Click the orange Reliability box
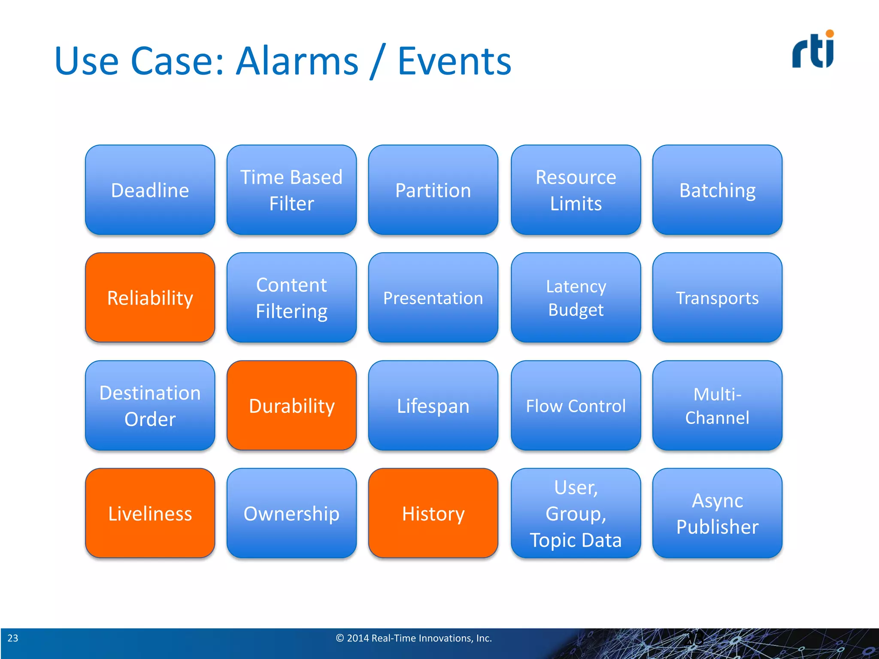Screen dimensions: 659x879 150,297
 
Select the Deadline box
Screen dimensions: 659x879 150,190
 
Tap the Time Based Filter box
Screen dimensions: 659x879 291,190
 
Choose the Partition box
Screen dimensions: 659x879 433,190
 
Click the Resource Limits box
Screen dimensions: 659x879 576,190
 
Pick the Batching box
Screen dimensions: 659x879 717,190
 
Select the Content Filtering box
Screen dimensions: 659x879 291,297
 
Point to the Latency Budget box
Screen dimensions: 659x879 576,297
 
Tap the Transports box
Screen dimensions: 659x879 717,297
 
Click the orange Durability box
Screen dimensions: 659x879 291,405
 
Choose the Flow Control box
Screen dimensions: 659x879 576,405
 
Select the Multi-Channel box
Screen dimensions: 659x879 717,405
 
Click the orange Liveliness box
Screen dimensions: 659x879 150,513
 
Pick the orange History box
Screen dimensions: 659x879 433,513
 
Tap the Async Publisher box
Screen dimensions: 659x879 717,513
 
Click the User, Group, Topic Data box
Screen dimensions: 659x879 576,513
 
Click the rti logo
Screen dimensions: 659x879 813,50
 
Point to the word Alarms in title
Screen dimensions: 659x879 297,61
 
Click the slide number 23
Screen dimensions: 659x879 13,638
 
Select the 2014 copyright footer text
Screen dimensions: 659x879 414,638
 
